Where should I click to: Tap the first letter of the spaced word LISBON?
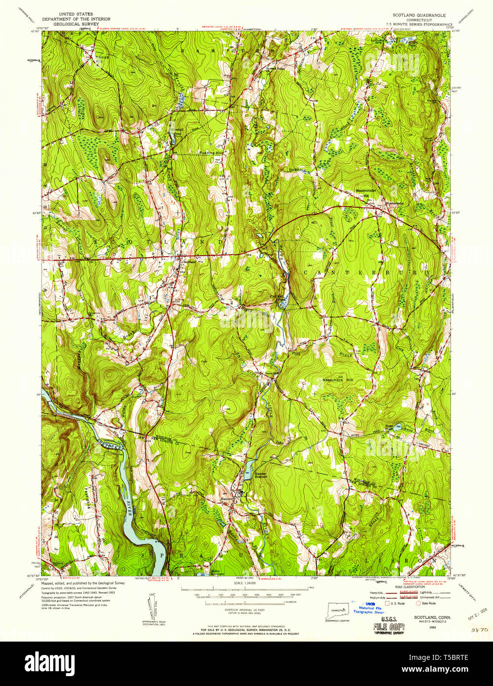365,561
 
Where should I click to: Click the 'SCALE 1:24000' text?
245,583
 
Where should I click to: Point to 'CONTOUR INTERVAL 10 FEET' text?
245,610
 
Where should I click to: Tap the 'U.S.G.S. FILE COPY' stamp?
388,627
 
